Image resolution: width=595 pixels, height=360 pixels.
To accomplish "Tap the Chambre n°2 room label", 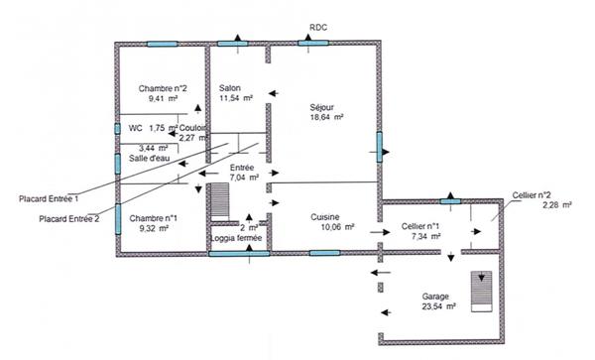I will (163, 89).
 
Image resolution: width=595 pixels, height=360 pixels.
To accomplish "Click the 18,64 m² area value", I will (326, 117).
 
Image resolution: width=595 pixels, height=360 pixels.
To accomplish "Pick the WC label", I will (136, 128).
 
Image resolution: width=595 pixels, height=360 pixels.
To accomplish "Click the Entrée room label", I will (242, 169).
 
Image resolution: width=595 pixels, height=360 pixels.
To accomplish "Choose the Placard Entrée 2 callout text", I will (69, 218).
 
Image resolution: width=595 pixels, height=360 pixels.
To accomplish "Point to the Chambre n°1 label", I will (153, 218).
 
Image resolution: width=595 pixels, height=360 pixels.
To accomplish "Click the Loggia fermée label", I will (237, 239).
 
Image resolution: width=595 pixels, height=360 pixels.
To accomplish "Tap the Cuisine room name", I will (326, 217).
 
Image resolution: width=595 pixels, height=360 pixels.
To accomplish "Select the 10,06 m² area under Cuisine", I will (326, 228).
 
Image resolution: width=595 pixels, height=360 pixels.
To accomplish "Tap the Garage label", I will (436, 297).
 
